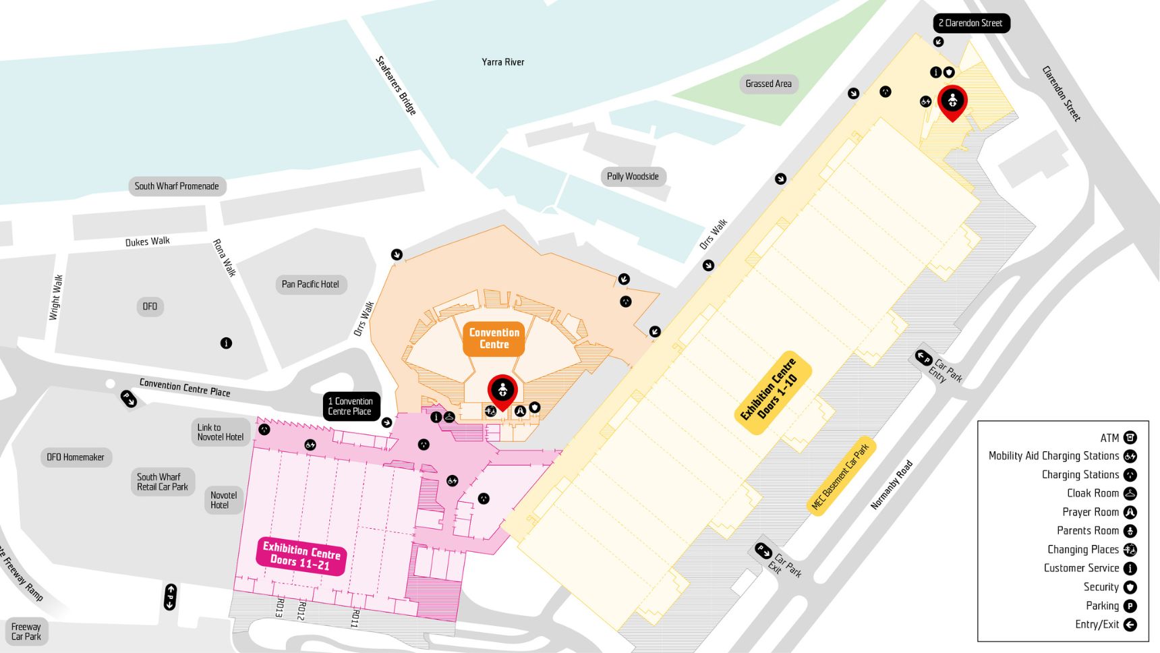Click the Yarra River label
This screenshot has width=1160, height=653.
[502, 62]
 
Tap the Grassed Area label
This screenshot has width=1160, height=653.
[768, 84]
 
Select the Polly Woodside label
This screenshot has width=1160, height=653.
[632, 177]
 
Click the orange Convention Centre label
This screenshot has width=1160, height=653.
[494, 339]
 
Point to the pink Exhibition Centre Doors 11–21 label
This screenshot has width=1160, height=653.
[301, 556]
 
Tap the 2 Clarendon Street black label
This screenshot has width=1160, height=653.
[970, 23]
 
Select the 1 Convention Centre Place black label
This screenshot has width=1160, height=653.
[351, 406]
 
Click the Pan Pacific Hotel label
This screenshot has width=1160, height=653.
[310, 284]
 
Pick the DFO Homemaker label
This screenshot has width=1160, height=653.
[76, 457]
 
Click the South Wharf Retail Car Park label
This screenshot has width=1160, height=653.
[163, 482]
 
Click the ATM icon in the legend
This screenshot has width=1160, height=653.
[1130, 438]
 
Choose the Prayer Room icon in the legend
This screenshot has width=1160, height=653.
[1130, 513]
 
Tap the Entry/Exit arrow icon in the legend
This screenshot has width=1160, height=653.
[1130, 625]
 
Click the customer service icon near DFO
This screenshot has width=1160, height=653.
[226, 343]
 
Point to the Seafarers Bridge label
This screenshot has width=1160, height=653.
[396, 85]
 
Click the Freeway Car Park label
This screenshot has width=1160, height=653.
[26, 631]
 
